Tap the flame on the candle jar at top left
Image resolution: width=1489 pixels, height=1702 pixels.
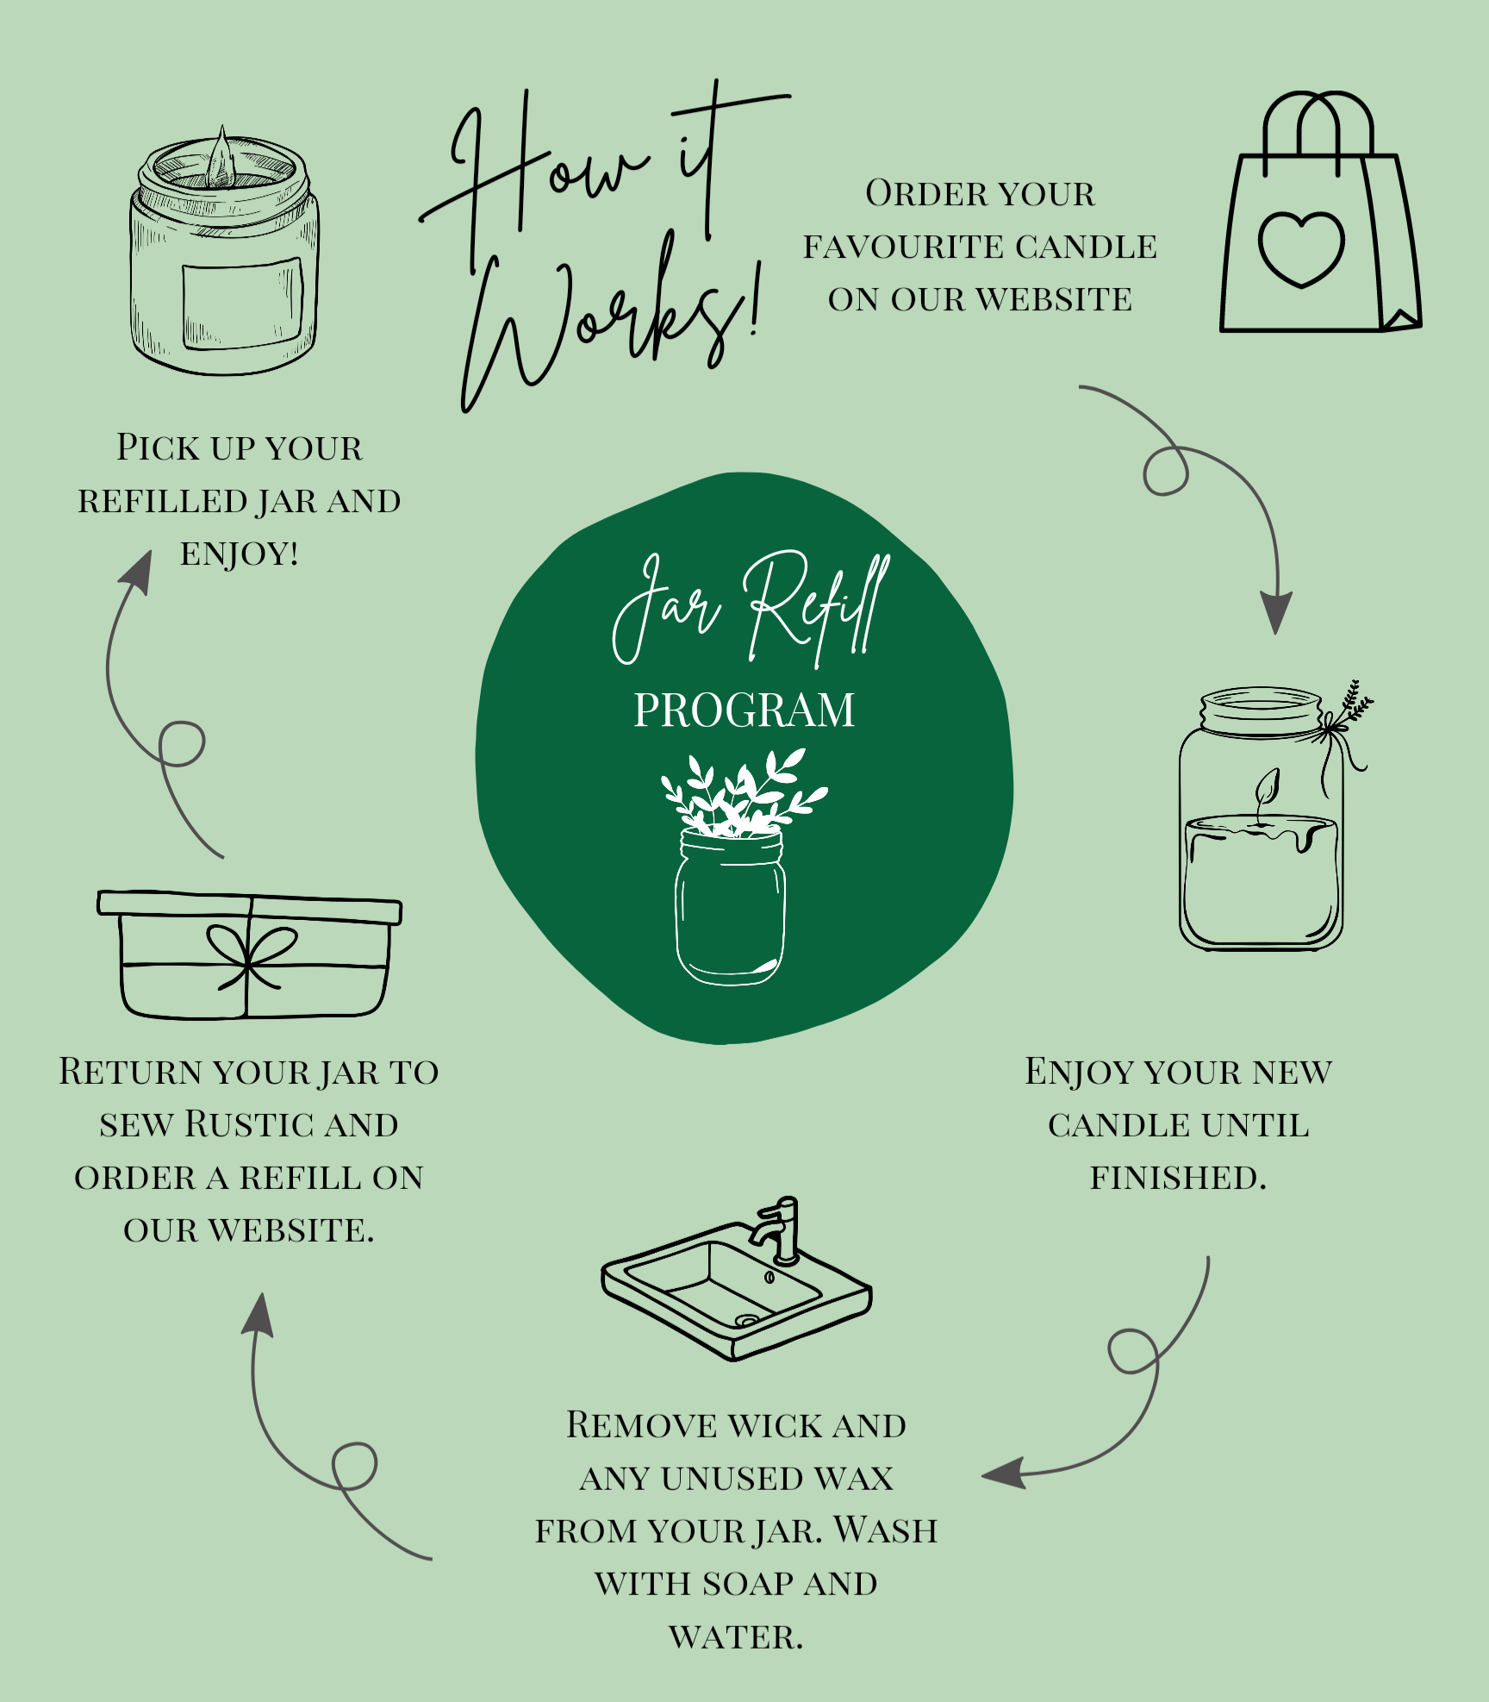(x=221, y=160)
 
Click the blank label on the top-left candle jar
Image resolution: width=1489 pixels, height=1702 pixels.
(x=242, y=303)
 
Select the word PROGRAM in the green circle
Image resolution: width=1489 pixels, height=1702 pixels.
(x=744, y=711)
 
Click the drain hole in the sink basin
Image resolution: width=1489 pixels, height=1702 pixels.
(x=746, y=1320)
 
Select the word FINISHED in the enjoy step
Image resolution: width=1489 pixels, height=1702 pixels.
(x=1177, y=1179)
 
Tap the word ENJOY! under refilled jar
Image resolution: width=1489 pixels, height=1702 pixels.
(x=239, y=554)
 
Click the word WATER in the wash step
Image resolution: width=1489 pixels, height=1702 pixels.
(x=735, y=1637)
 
